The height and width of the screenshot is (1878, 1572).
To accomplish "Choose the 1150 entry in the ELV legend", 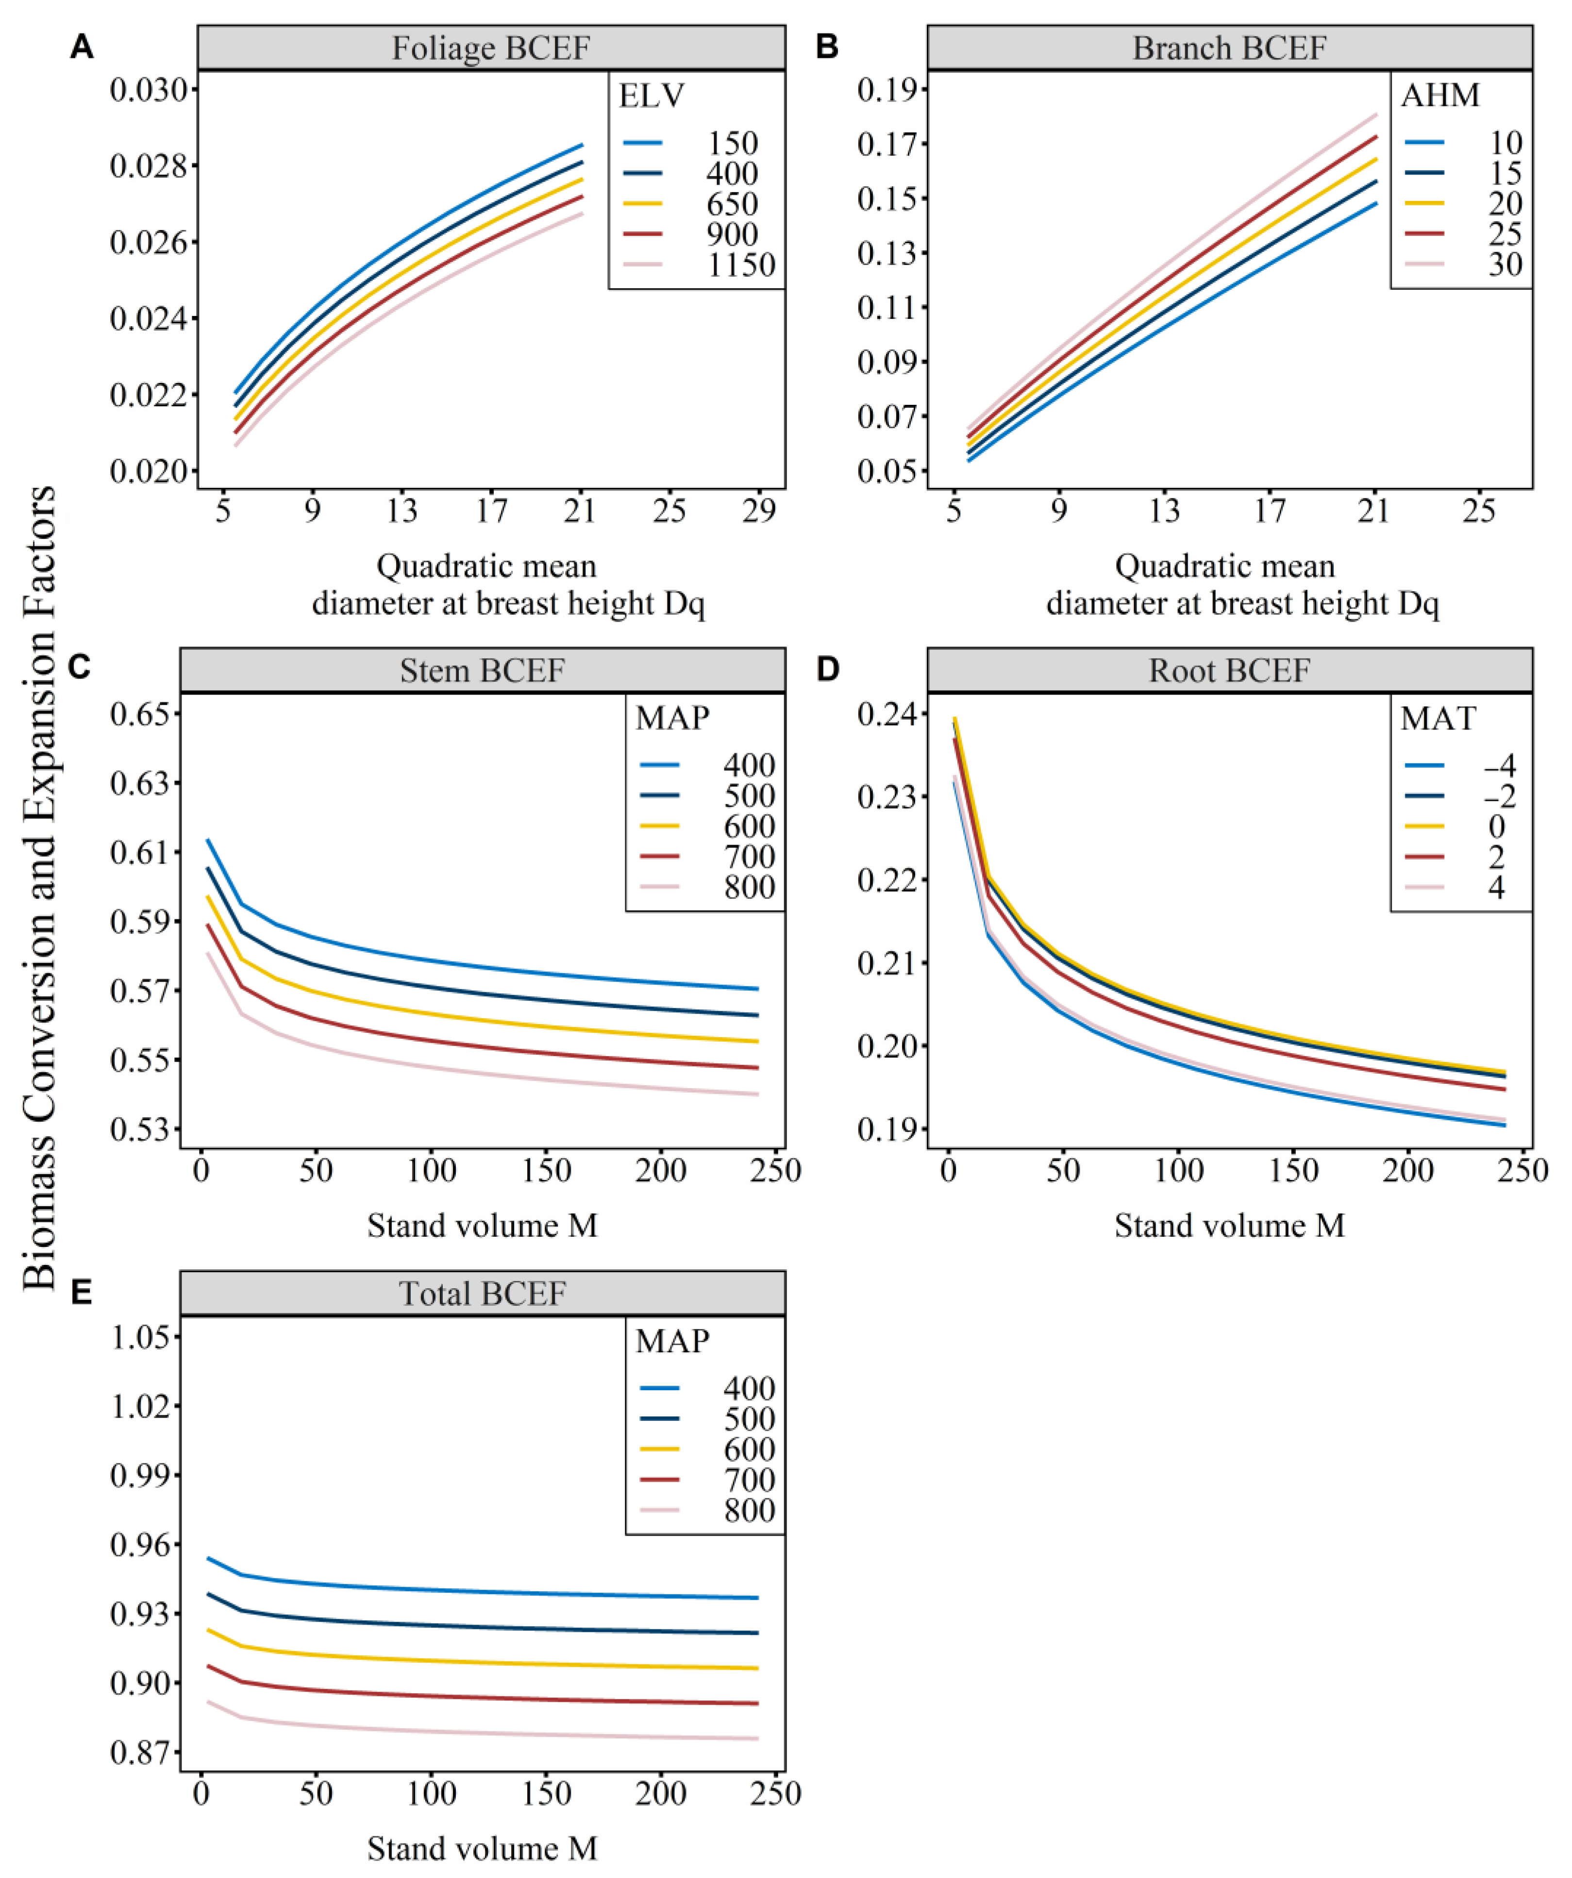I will click(x=740, y=265).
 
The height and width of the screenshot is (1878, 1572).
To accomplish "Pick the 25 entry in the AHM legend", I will click(x=1505, y=233).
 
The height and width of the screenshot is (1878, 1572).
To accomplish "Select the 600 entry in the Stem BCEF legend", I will click(x=749, y=826).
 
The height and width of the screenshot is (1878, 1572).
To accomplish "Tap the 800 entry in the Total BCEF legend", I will click(x=749, y=1511).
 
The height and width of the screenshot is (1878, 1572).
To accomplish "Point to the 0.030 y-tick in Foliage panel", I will click(x=150, y=90).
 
